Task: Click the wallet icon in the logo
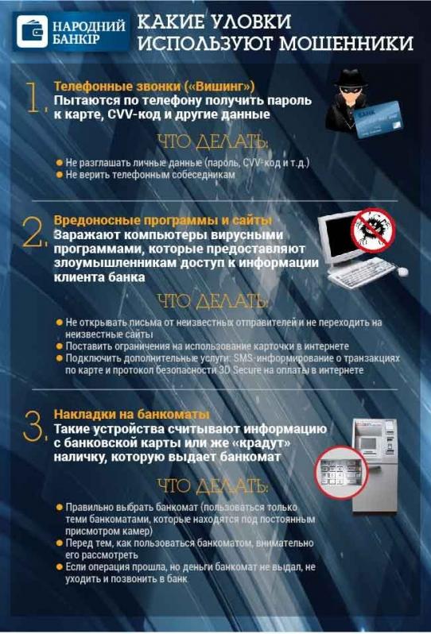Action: pos(32,32)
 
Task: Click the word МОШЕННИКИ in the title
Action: pos(347,43)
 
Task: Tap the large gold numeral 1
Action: pos(37,97)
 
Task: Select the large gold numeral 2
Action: pos(33,232)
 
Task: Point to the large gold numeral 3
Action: pos(34,426)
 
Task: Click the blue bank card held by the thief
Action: pos(379,119)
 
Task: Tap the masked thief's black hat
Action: pos(351,79)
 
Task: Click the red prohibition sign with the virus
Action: pos(373,230)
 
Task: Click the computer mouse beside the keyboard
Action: pos(403,271)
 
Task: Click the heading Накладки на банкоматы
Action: pos(132,414)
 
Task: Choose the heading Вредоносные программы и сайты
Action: pos(163,220)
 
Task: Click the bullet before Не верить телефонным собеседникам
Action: pos(60,175)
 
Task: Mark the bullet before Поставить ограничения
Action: pos(60,346)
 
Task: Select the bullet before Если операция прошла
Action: pos(60,567)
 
